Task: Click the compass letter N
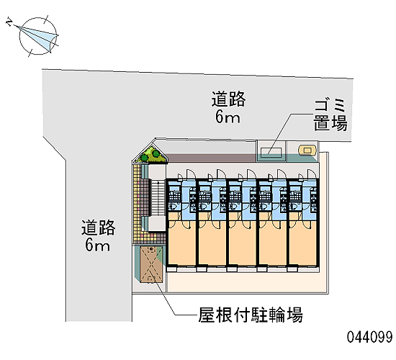tap(9, 22)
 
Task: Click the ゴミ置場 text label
tap(330, 115)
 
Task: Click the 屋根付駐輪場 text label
tap(251, 315)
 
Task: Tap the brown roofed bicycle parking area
tap(150, 264)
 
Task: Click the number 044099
tap(370, 337)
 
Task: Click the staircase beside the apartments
tap(158, 197)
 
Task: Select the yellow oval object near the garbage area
tap(307, 150)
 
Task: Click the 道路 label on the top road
tap(228, 99)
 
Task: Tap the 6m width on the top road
tap(228, 117)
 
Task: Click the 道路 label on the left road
tap(98, 228)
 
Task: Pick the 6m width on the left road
tap(97, 245)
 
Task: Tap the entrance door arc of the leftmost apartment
tap(192, 174)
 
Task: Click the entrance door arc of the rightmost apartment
tap(312, 174)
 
